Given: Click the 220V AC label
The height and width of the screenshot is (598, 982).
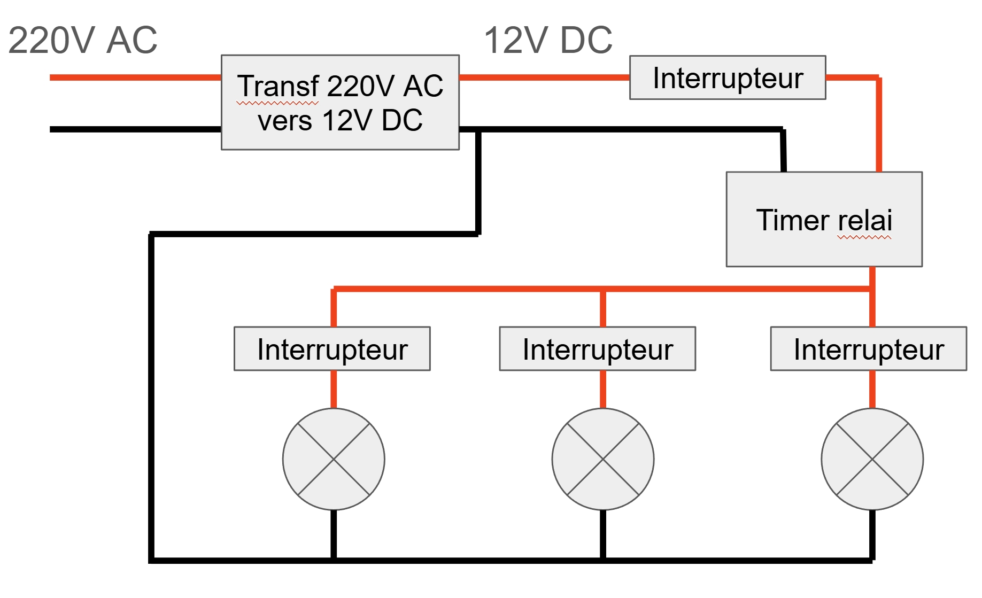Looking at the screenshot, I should tap(83, 40).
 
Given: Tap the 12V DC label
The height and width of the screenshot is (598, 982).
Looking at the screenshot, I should tap(548, 40).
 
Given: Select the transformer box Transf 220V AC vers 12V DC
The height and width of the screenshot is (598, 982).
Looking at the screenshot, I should tap(340, 102).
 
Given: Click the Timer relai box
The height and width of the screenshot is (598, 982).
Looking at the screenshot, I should tap(824, 219).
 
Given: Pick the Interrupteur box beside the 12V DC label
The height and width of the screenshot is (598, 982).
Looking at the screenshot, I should tap(728, 78).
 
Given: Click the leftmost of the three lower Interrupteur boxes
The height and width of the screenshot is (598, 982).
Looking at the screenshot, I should tap(332, 349).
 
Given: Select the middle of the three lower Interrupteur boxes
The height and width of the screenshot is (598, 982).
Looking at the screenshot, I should tap(597, 349).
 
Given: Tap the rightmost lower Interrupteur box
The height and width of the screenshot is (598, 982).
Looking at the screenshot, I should tap(868, 349).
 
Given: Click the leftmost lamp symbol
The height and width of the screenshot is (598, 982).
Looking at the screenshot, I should tap(334, 459).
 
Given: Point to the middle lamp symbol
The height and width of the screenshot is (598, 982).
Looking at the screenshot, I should tap(603, 459).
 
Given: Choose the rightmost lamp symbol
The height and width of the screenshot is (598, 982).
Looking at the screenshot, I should tap(872, 459).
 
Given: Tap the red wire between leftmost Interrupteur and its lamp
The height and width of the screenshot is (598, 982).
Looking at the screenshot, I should tap(334, 389).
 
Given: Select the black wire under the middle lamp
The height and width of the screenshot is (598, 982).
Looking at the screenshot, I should tap(603, 534).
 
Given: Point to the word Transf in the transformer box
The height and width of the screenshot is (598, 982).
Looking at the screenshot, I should tap(278, 86).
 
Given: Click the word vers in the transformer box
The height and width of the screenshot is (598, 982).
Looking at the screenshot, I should tap(285, 121).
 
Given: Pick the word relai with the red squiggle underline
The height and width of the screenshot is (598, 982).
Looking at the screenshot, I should tap(864, 220).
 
